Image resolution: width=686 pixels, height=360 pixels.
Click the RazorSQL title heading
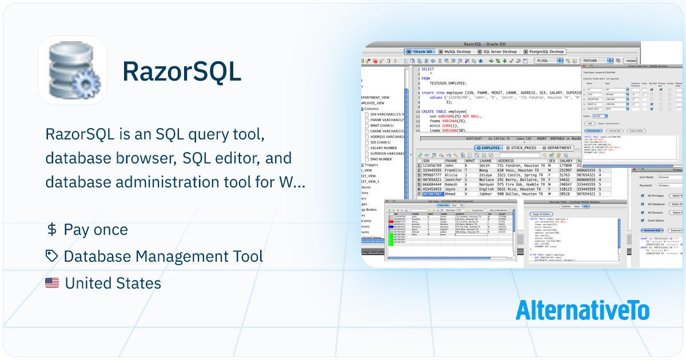pos(182,72)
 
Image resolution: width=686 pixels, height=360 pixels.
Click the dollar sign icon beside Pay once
pos(51,230)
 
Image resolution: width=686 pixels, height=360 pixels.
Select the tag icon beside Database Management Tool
pos(51,257)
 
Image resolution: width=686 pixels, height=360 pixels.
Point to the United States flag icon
pos(52,283)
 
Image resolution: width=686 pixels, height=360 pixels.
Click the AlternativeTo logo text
pos(583,310)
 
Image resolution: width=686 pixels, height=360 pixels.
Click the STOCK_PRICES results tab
pos(522,148)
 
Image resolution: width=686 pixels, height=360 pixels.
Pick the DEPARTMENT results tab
pos(557,148)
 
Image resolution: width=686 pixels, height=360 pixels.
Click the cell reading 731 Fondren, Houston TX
pos(521,166)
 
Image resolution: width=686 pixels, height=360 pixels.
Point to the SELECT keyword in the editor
pos(428,69)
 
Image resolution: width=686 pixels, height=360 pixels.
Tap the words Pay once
pos(96,230)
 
